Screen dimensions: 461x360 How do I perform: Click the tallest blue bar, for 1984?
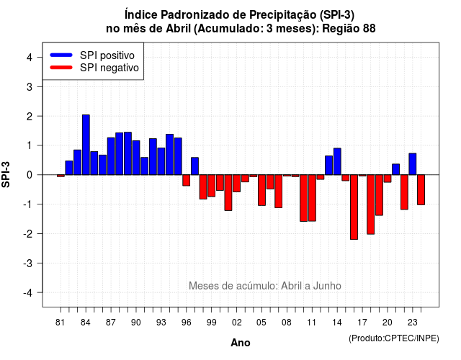pyautogui.click(x=86, y=145)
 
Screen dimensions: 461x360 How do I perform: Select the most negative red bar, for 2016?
pyautogui.click(x=354, y=207)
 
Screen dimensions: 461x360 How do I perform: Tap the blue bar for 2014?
pyautogui.click(x=337, y=161)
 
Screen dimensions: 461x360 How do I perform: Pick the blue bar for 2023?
pyautogui.click(x=413, y=164)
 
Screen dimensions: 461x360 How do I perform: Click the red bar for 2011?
pyautogui.click(x=312, y=198)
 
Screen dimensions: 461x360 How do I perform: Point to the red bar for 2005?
pyautogui.click(x=261, y=190)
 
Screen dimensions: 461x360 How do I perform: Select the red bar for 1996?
pyautogui.click(x=186, y=181)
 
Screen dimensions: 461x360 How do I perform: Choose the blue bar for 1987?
pyautogui.click(x=111, y=156)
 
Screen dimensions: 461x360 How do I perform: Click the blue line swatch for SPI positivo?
pyautogui.click(x=61, y=55)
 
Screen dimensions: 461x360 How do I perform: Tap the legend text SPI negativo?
pyautogui.click(x=109, y=68)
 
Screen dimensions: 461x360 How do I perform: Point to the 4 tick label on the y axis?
pyautogui.click(x=30, y=58)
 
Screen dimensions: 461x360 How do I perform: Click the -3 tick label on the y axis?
pyautogui.click(x=28, y=263)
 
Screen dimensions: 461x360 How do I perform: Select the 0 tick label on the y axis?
pyautogui.click(x=30, y=175)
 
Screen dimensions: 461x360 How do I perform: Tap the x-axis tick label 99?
pyautogui.click(x=211, y=323)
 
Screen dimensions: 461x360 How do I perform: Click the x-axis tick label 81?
pyautogui.click(x=61, y=323)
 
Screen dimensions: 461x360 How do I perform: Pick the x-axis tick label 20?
pyautogui.click(x=388, y=323)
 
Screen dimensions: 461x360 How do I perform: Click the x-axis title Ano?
pyautogui.click(x=241, y=343)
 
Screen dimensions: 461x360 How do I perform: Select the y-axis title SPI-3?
pyautogui.click(x=6, y=174)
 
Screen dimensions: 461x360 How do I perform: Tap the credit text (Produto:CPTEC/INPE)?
pyautogui.click(x=394, y=338)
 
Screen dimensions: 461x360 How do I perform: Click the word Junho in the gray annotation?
pyautogui.click(x=327, y=286)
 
